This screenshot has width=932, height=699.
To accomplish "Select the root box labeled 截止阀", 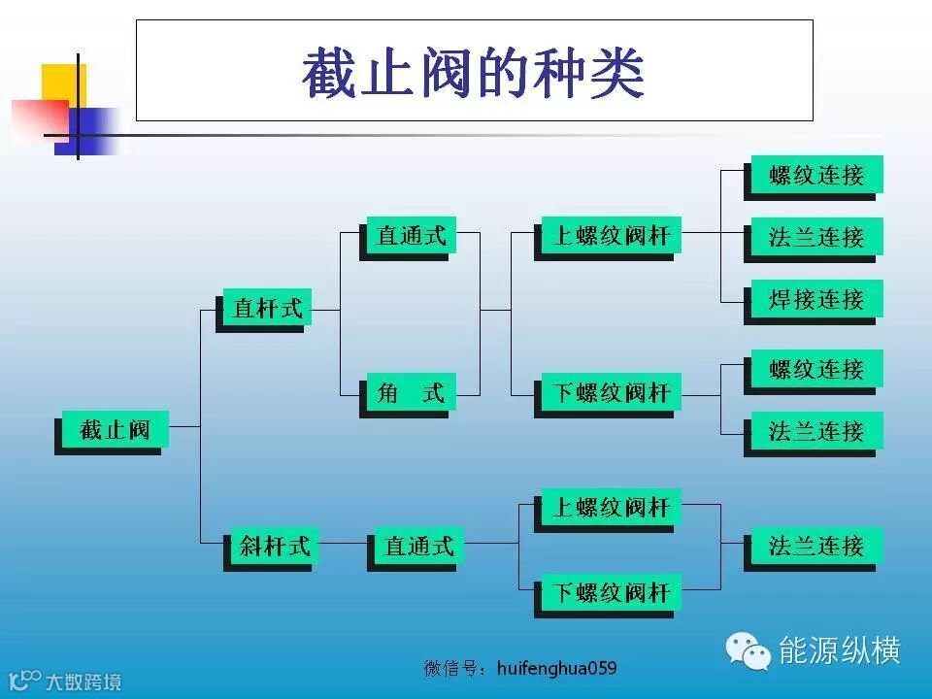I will pos(115,429).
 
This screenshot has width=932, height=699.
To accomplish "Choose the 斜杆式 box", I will pos(274,547).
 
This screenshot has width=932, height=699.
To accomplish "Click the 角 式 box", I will pos(411,393).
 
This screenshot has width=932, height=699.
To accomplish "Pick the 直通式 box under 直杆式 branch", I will pos(411,235).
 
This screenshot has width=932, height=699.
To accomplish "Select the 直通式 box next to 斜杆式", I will pos(418,547).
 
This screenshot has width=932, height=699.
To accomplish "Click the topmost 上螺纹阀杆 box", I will pos(611,235).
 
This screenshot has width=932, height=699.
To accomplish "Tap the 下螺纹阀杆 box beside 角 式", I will pos(611,393).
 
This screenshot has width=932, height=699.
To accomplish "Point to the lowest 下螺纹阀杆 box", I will pos(611,591).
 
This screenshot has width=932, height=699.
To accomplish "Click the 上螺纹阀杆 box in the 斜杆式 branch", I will pos(611,507).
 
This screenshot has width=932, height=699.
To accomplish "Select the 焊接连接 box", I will pos(815,299).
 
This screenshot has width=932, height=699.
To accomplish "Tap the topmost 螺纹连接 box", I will pos(815,176).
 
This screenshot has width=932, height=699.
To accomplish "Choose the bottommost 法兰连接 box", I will pos(815,546).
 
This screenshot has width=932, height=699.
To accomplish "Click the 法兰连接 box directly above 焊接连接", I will pos(815,237).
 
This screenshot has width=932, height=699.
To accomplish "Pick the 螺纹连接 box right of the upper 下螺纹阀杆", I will pos(815,370).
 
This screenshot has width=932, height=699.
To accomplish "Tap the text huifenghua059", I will pos(555,668).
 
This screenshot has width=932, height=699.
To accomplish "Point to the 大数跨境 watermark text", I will pos(83,682).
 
